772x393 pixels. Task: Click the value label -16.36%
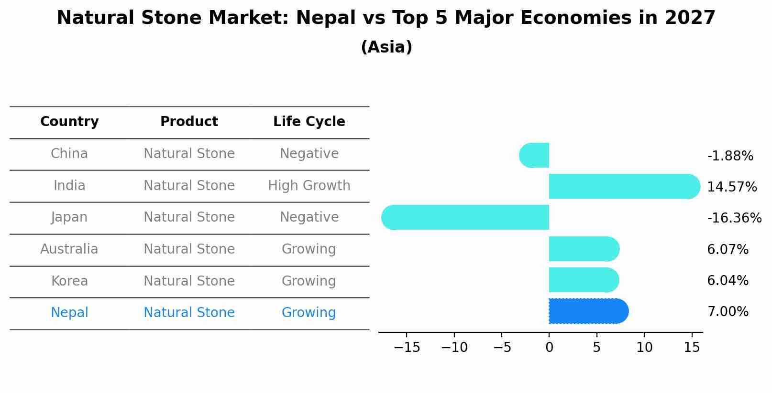click(734, 218)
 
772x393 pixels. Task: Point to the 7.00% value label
click(728, 312)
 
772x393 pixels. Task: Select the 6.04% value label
click(728, 281)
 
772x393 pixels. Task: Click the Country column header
click(69, 122)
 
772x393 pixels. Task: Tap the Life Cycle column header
click(309, 122)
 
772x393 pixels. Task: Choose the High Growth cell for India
click(309, 186)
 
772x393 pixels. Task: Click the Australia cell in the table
click(69, 249)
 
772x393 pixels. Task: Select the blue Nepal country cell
click(69, 313)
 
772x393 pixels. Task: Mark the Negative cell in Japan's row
click(309, 217)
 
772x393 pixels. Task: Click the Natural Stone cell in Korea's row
click(189, 281)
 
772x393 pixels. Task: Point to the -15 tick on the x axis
click(407, 348)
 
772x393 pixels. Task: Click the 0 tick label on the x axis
click(549, 348)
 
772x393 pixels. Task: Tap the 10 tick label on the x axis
click(644, 348)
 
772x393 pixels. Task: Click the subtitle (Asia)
click(386, 47)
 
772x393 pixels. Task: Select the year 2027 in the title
click(690, 18)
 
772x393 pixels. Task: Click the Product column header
click(189, 122)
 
